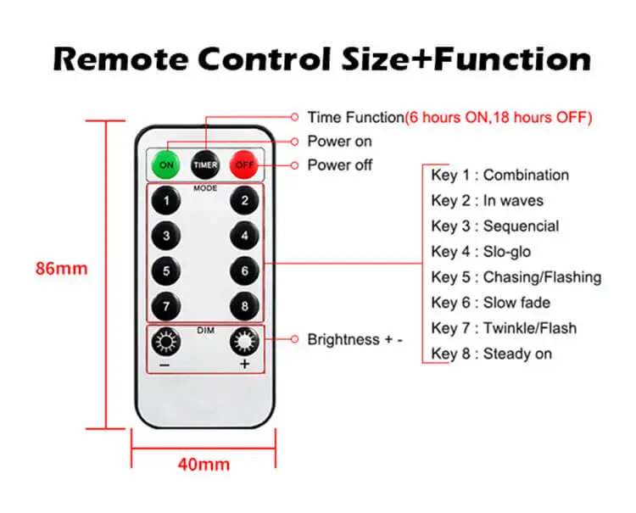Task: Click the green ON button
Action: click(165, 164)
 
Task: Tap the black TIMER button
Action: click(204, 164)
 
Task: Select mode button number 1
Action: click(166, 202)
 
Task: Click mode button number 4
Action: click(244, 236)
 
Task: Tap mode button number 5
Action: click(166, 270)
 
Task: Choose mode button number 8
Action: click(244, 305)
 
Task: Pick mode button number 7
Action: click(166, 305)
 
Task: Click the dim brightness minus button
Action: click(165, 342)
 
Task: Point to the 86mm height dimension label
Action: click(61, 269)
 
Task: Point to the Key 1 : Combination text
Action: click(499, 176)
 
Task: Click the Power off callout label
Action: click(339, 164)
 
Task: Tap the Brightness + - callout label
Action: click(354, 339)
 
